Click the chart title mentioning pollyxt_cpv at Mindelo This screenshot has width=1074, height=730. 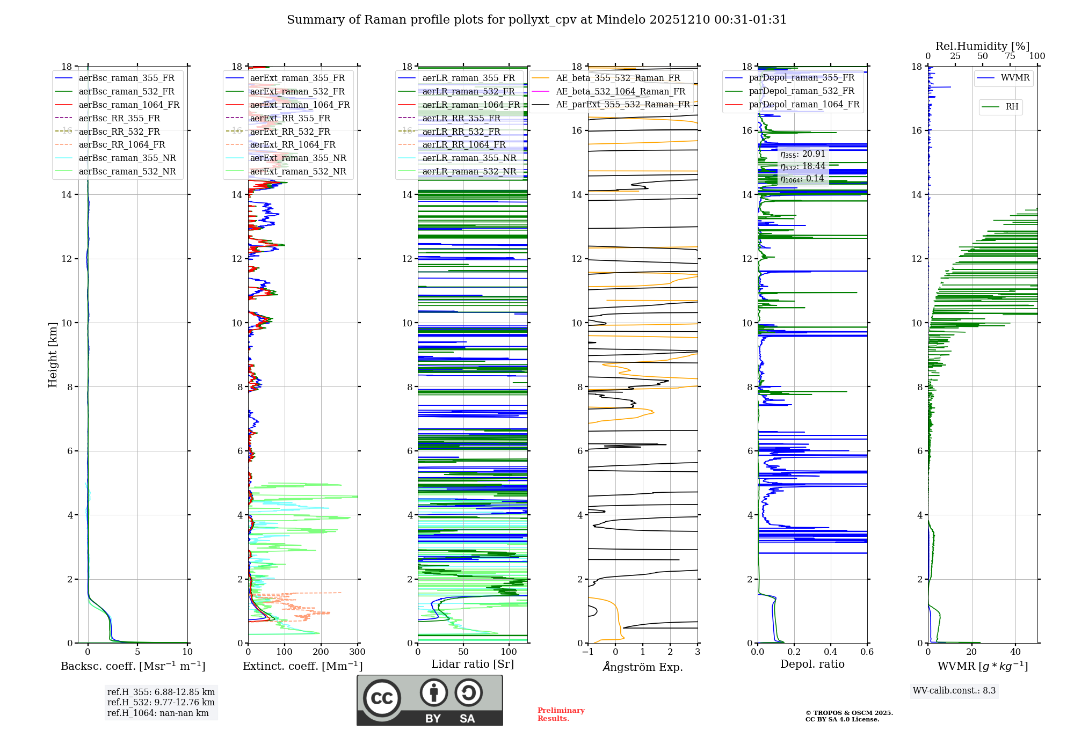point(536,20)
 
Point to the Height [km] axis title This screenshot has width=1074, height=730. point(53,354)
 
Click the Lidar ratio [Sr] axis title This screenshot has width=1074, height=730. point(473,664)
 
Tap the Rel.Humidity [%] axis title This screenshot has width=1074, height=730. point(982,46)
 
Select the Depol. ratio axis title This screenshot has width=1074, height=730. point(812,664)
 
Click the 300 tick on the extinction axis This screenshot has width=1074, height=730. point(357,652)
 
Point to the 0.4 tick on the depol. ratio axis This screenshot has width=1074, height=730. point(830,652)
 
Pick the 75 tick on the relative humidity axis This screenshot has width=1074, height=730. point(1010,56)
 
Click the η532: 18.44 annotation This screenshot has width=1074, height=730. point(802,166)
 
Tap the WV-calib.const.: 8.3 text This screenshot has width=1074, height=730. point(954,691)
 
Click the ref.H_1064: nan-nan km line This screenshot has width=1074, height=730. point(158,713)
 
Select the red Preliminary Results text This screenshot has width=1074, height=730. point(561,714)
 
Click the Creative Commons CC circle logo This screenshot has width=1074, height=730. point(382,698)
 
